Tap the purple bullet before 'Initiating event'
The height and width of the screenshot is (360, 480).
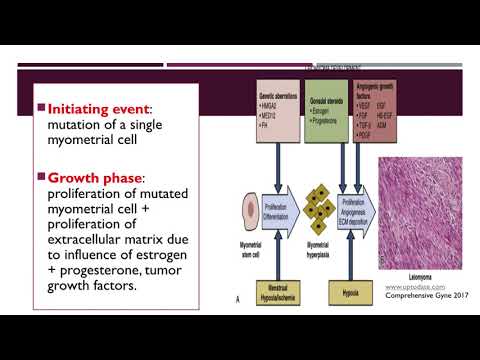(x=39, y=106)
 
